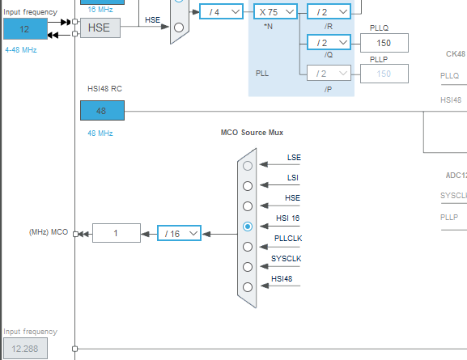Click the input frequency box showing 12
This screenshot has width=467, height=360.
(24, 28)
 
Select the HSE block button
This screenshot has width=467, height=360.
(100, 28)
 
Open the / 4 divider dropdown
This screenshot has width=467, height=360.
(221, 11)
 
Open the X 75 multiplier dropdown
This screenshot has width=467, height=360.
(276, 11)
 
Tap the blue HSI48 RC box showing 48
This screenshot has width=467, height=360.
(102, 111)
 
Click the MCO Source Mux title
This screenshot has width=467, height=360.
(252, 132)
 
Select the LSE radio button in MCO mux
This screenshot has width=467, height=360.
(248, 165)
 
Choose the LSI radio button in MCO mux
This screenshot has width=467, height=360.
(248, 185)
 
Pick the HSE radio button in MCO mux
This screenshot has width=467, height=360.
(248, 205)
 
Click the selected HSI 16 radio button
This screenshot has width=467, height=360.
(248, 227)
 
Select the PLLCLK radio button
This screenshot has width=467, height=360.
(248, 247)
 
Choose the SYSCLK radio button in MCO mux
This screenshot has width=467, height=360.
(248, 266)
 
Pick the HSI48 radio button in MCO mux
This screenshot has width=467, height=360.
(248, 286)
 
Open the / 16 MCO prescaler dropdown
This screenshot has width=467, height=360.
(179, 233)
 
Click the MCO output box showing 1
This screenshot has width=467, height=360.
(116, 233)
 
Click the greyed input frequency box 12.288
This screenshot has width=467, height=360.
(24, 348)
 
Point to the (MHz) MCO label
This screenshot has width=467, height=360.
(49, 233)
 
